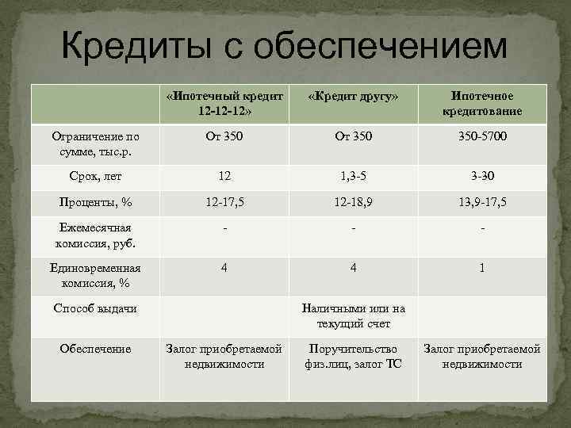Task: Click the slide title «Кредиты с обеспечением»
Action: pos(284,45)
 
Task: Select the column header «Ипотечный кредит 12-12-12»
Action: pos(225,102)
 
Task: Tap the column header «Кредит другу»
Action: pos(354,96)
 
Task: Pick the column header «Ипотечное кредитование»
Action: pos(482,102)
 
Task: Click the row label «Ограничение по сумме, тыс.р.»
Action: pos(94,143)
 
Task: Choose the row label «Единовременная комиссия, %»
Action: pos(94,275)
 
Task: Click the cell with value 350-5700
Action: pos(482,137)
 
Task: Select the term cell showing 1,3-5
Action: pos(354,175)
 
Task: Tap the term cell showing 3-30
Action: pos(482,175)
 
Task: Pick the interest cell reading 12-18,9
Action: pos(354,203)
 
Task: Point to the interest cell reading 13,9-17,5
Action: pos(482,203)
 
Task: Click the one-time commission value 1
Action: pos(482,268)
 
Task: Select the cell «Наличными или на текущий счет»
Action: pos(354,315)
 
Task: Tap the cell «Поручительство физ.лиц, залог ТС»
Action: pos(354,356)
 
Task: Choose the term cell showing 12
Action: pos(225,175)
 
